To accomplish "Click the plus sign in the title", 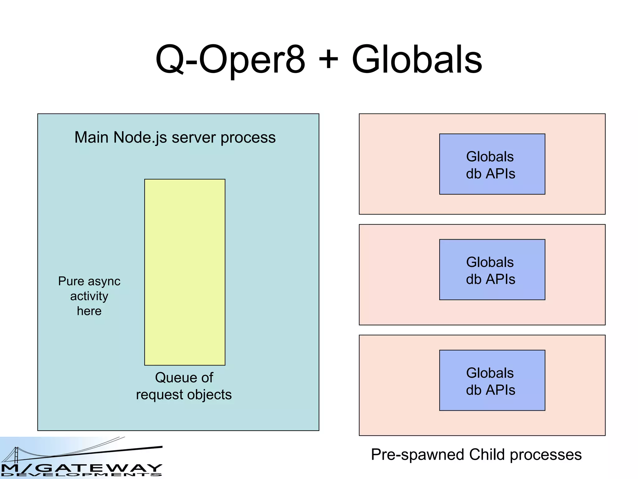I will point(328,59).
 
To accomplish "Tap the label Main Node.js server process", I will point(175,138).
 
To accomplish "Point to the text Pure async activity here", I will point(89,296).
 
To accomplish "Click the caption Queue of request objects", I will point(184,386).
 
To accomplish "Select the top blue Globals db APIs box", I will point(492,164).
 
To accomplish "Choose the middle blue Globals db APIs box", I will point(492,270).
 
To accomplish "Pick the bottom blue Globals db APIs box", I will point(492,380).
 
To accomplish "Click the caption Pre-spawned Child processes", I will point(476,455).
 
